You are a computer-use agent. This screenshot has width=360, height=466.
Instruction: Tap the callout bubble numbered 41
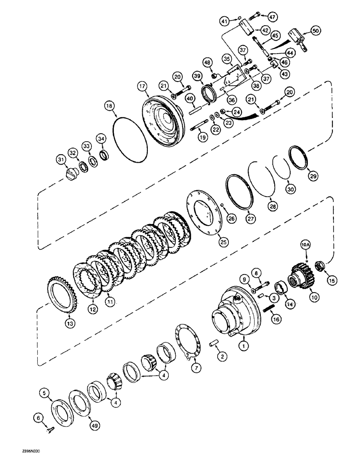(x=225, y=21)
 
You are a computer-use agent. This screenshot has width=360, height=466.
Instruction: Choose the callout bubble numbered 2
(x=223, y=357)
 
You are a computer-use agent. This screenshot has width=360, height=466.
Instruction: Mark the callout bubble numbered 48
(x=207, y=62)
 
